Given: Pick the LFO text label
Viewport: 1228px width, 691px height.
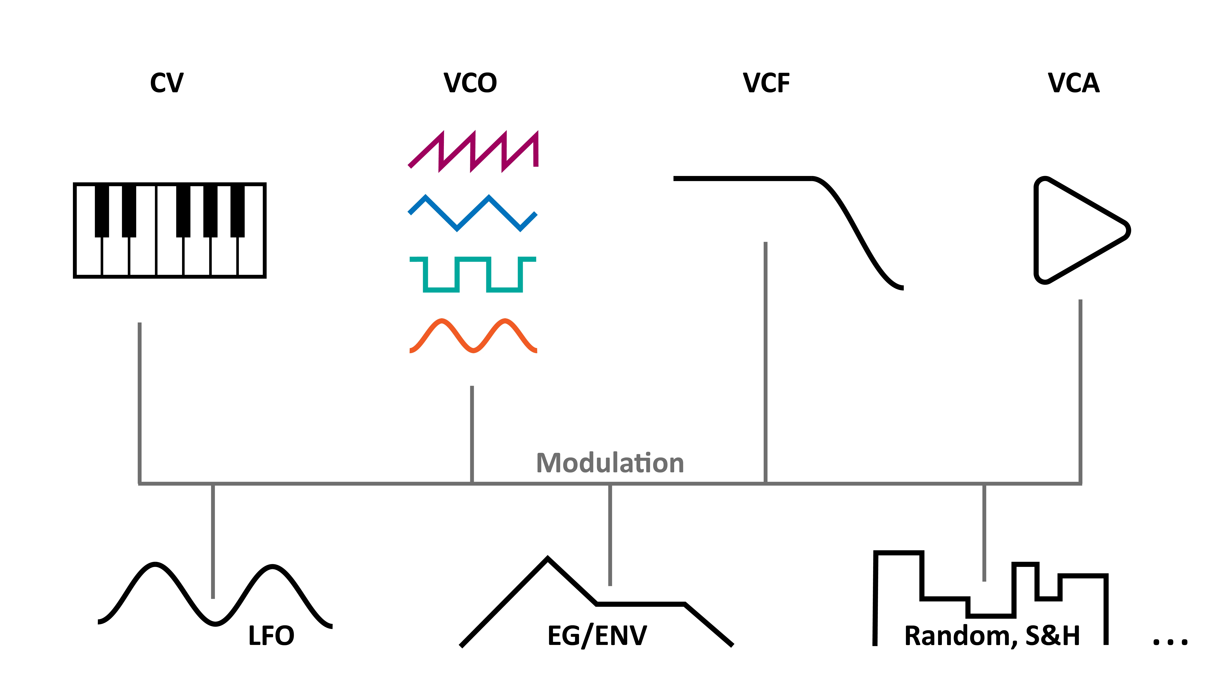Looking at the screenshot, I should click(x=271, y=636).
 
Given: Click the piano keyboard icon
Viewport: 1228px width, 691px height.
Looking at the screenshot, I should click(x=170, y=230).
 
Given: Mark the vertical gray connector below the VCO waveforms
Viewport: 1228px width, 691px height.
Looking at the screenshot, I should click(x=472, y=434).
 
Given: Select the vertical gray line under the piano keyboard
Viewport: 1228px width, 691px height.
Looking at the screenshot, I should click(x=140, y=403).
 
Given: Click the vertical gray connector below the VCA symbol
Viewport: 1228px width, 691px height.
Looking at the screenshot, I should click(x=1080, y=391).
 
